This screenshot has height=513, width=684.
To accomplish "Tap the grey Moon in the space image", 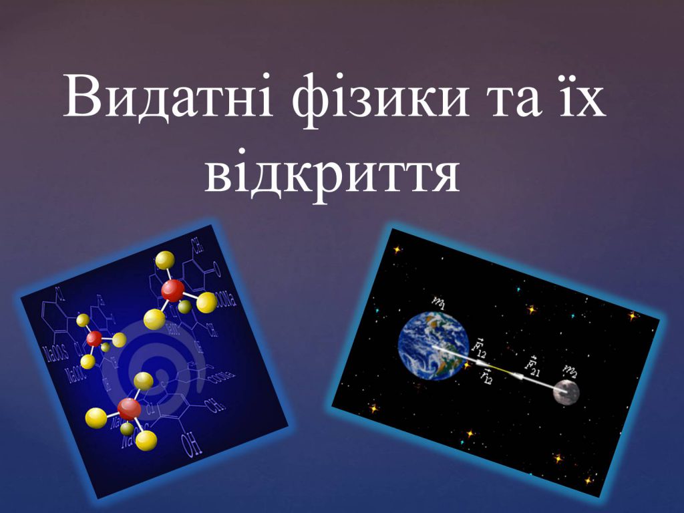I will pyautogui.click(x=566, y=392).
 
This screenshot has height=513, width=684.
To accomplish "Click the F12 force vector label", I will pyautogui.click(x=480, y=346).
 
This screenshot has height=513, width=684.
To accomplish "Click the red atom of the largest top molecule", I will pyautogui.click(x=172, y=290).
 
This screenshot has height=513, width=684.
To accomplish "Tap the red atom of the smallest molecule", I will pyautogui.click(x=94, y=338).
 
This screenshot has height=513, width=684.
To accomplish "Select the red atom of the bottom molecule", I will pyautogui.click(x=128, y=407).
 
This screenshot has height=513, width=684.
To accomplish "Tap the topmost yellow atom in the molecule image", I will pyautogui.click(x=164, y=260).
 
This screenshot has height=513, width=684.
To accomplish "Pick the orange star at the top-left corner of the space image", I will pyautogui.click(x=397, y=249).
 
